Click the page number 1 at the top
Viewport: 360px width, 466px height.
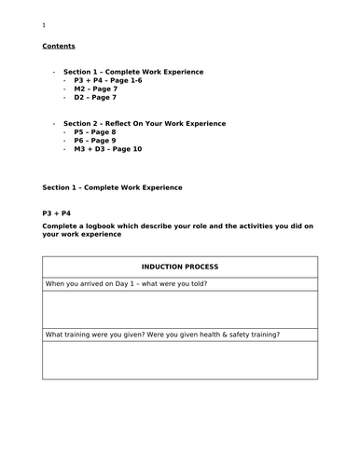click(44, 25)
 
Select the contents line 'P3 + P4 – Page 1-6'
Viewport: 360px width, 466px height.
click(108, 81)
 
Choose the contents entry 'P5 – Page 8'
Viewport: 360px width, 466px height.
click(95, 132)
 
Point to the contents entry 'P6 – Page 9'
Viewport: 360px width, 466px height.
click(95, 141)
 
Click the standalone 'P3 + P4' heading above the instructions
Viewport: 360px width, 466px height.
click(58, 213)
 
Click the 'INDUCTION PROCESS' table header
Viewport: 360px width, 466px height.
click(180, 267)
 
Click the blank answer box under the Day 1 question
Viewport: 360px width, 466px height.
click(180, 308)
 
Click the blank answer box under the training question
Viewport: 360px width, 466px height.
click(180, 359)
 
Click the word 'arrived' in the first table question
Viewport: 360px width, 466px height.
click(97, 283)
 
